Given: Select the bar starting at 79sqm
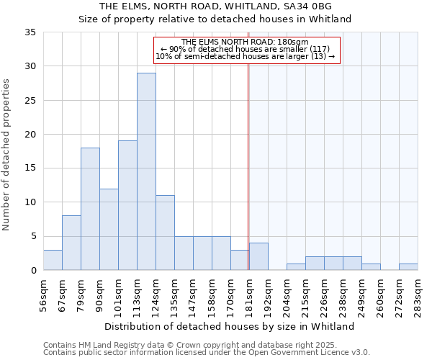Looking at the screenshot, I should click(90, 209).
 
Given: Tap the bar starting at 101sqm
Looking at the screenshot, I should click(127, 205).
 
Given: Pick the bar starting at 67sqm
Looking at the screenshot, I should click(71, 243).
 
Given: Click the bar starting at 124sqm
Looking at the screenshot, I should click(165, 233).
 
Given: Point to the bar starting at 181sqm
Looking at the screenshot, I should click(258, 256).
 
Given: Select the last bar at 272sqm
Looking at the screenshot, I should click(408, 266).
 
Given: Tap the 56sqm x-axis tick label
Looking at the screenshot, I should click(44, 294).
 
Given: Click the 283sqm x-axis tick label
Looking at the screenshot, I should click(418, 294).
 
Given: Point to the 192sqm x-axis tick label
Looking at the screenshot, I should click(269, 294).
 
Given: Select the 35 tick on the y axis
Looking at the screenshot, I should click(30, 32).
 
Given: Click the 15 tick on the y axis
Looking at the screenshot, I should click(30, 168).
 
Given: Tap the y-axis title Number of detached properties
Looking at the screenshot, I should click(7, 155).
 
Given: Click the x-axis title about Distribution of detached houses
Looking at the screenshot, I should click(230, 326).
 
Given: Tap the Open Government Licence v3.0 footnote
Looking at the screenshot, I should click(207, 353).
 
